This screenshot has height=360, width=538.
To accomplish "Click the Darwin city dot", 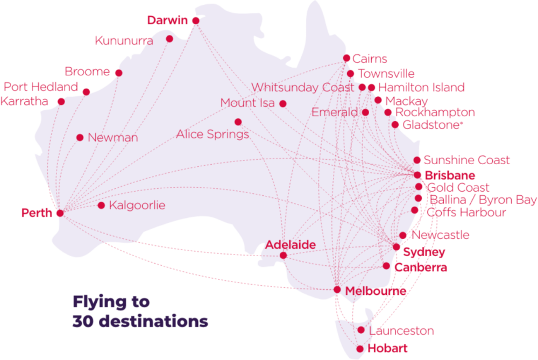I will (x=195, y=20).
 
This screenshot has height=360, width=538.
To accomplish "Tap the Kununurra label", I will (x=124, y=40).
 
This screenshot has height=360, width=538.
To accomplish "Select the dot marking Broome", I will (x=118, y=73).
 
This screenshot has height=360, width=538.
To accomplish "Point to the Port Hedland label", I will (x=41, y=87).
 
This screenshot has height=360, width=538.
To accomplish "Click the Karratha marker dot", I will (x=61, y=101).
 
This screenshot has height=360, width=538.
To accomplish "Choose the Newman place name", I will (x=112, y=138).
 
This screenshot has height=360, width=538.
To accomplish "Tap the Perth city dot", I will (x=60, y=213).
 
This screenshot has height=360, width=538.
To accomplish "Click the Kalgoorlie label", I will (x=137, y=206).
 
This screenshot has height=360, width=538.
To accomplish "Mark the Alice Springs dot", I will (x=238, y=122).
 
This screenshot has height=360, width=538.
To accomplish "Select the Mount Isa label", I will (x=247, y=103).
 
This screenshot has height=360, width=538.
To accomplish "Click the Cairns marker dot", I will (x=347, y=58).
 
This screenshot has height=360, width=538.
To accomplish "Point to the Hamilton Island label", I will (x=421, y=87).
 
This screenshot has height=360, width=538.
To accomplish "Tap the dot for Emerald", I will (x=365, y=112).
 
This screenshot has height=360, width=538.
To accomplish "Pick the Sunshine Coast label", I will (x=466, y=160).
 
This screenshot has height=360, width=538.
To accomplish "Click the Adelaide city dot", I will (x=284, y=256).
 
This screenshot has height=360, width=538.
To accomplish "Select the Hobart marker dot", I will (x=360, y=349).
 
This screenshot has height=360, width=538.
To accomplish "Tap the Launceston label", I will (x=400, y=330).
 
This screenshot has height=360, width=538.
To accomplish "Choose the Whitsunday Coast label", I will (x=303, y=87).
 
